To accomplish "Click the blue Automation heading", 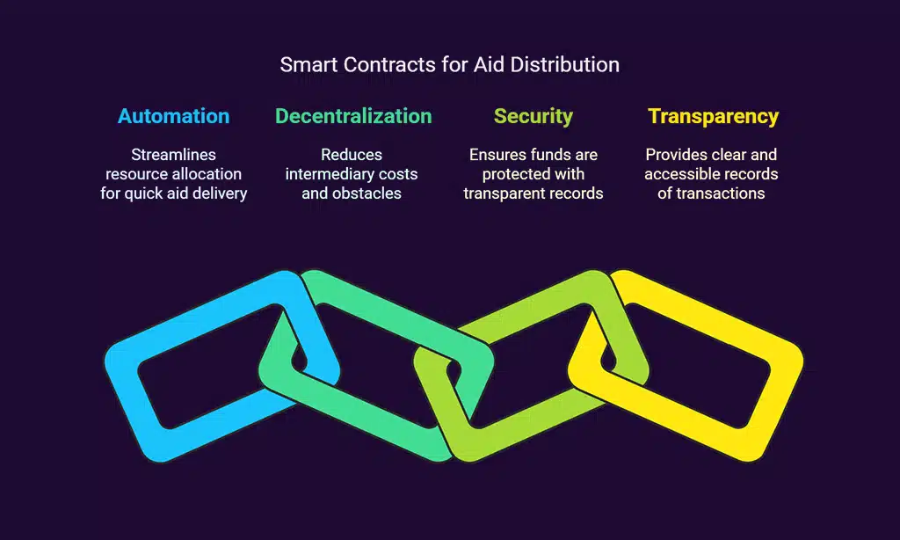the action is tap(173, 116).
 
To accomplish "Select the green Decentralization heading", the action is tap(353, 116).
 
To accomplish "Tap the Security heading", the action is tap(533, 117).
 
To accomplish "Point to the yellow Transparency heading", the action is tap(713, 117).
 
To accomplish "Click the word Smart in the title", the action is tap(308, 64).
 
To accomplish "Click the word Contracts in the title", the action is tap(389, 64).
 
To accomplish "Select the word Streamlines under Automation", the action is tap(173, 155).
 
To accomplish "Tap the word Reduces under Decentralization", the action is tap(352, 155).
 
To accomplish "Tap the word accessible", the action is tap(679, 174).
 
